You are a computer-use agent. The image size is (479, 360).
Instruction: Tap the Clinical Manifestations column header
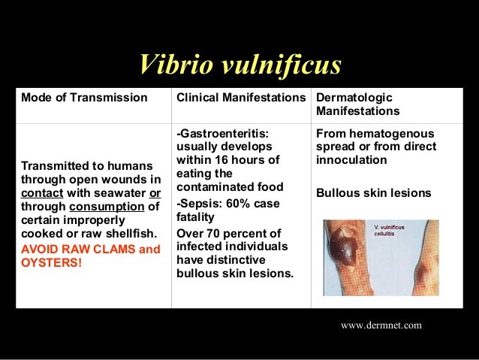tap(242, 98)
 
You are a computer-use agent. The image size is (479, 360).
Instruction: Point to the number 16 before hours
tap(218, 160)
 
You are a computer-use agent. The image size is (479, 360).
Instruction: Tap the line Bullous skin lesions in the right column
tap(374, 193)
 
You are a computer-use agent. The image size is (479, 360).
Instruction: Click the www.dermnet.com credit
tap(381, 325)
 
